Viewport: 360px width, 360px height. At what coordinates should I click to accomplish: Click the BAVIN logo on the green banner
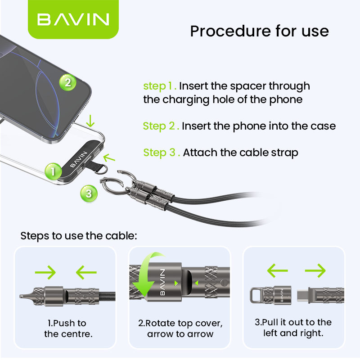tap(73, 19)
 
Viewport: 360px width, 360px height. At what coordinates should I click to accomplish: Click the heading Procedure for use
tap(260, 31)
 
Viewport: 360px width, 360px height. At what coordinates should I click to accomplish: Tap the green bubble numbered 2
tap(68, 82)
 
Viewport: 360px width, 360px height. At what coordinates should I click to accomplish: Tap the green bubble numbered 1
tap(53, 171)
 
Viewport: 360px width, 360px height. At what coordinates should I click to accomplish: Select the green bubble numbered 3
tap(89, 193)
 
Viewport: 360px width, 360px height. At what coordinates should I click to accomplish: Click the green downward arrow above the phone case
tap(90, 121)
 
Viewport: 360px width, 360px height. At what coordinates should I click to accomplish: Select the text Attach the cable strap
tap(240, 153)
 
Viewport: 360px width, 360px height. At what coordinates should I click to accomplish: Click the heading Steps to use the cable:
tap(79, 236)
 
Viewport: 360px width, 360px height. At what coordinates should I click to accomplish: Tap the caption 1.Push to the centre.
tap(68, 328)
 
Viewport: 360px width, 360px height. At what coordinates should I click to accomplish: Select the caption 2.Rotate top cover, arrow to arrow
tap(180, 328)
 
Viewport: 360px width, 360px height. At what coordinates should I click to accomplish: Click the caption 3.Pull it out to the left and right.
tap(293, 328)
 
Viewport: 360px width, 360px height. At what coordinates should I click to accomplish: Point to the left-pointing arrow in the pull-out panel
tap(278, 270)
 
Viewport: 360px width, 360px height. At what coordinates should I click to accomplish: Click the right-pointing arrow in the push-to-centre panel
tap(45, 272)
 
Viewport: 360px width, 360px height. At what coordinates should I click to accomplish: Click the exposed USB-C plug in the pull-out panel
tap(303, 295)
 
